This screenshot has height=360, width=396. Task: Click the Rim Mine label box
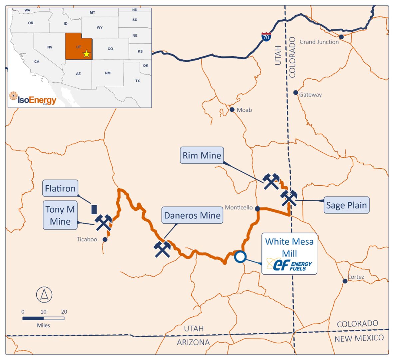click(x=202, y=155)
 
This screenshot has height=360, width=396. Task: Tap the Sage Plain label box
click(x=346, y=205)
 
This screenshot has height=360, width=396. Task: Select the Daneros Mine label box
click(x=192, y=215)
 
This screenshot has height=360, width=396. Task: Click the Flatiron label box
click(x=60, y=189)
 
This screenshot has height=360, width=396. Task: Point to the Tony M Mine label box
click(x=60, y=215)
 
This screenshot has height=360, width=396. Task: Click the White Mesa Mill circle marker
click(x=240, y=257)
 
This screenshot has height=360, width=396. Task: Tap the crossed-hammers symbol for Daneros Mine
click(x=162, y=249)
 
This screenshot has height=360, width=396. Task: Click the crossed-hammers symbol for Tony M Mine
click(x=103, y=223)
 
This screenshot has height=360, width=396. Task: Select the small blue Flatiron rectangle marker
click(x=94, y=209)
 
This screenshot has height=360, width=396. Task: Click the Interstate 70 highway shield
click(x=266, y=37)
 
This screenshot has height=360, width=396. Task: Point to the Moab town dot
click(x=232, y=110)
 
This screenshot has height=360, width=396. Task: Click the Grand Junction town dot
click(x=341, y=37)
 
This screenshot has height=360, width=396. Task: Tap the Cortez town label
click(x=356, y=277)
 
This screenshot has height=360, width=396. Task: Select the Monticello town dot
click(x=257, y=209)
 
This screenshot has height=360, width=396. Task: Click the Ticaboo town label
click(x=87, y=239)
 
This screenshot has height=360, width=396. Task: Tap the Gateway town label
click(x=310, y=95)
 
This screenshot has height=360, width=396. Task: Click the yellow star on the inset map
click(x=87, y=54)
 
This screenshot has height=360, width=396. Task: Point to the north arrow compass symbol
click(x=44, y=295)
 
